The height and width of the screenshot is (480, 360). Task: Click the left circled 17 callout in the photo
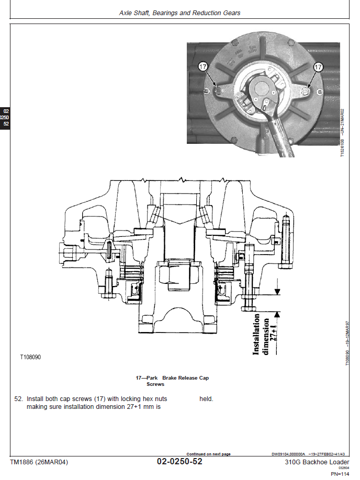click(x=203, y=67)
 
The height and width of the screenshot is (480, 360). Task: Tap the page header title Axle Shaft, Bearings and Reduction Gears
click(x=180, y=13)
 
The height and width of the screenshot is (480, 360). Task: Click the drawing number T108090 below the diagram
click(x=30, y=358)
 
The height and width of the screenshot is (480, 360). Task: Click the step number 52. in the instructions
click(x=19, y=399)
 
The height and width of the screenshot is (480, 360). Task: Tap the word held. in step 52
click(x=206, y=399)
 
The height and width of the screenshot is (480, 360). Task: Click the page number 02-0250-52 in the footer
click(x=179, y=462)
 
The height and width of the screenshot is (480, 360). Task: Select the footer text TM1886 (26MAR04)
click(x=39, y=462)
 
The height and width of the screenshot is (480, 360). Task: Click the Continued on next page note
click(x=208, y=454)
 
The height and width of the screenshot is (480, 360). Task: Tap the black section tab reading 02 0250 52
click(x=5, y=118)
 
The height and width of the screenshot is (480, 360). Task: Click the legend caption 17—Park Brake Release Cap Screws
click(x=172, y=380)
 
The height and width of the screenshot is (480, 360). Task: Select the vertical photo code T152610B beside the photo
click(x=343, y=133)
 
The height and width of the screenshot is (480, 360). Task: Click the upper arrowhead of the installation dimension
click(x=277, y=291)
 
